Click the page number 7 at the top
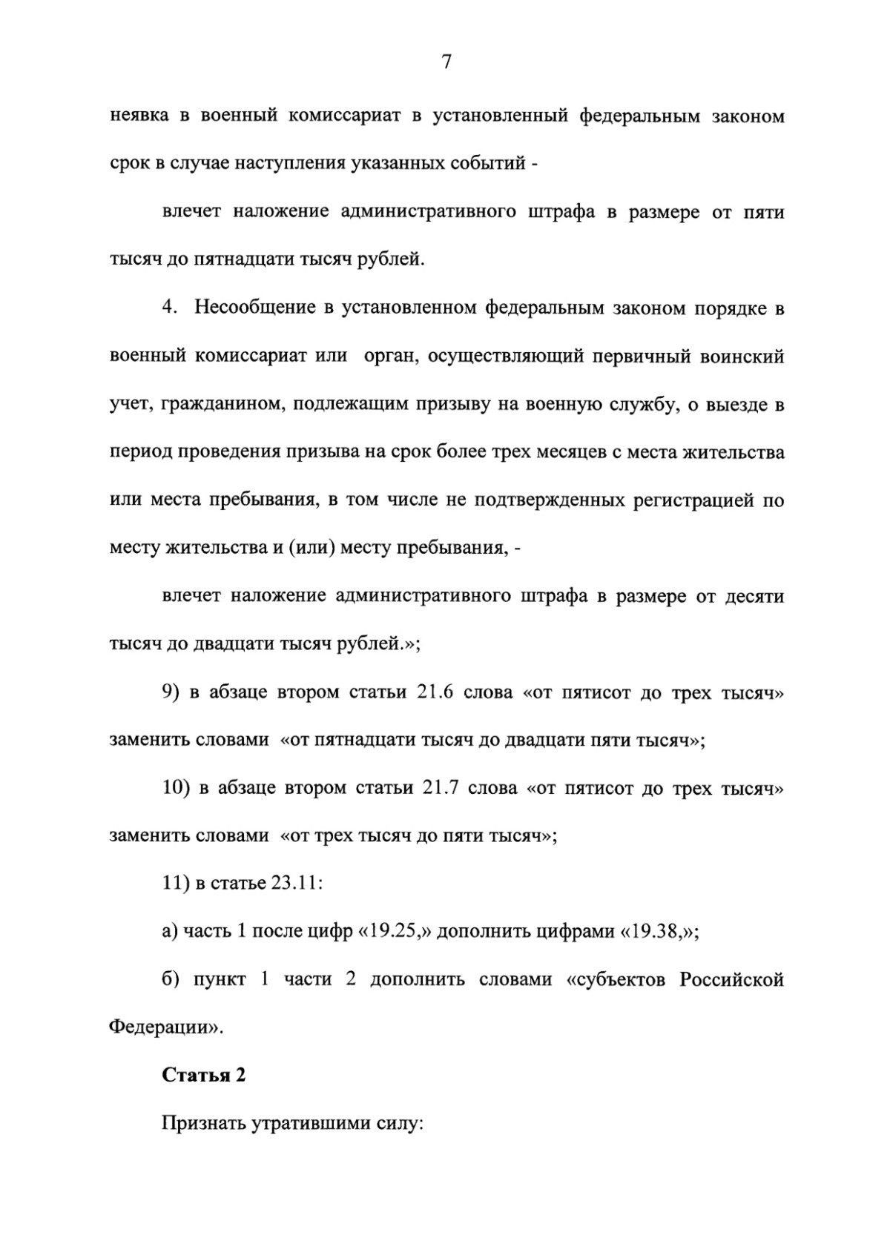click(x=446, y=63)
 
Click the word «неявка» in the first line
click(x=138, y=116)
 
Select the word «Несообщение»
click(x=255, y=308)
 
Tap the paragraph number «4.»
click(x=171, y=308)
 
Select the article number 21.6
click(x=435, y=693)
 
